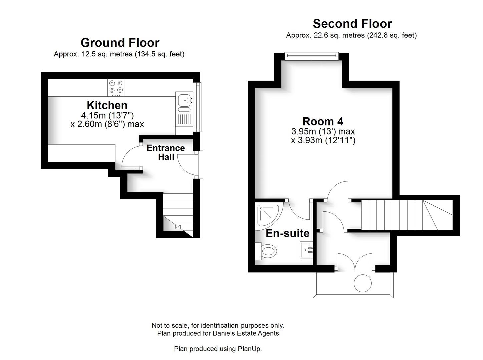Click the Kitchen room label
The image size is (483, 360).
[107, 105]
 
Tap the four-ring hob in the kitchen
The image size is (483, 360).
[116, 87]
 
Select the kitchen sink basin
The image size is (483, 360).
[184, 99]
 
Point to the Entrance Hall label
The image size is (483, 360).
[166, 152]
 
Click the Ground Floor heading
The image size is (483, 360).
[120, 43]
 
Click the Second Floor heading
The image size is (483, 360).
[352, 24]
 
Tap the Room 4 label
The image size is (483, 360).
[323, 121]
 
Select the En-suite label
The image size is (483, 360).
[287, 233]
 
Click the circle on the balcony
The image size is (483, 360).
[362, 283]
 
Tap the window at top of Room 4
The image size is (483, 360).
[311, 56]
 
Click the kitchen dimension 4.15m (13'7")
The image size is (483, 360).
[107, 116]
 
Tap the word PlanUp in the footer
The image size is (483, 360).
[249, 349]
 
